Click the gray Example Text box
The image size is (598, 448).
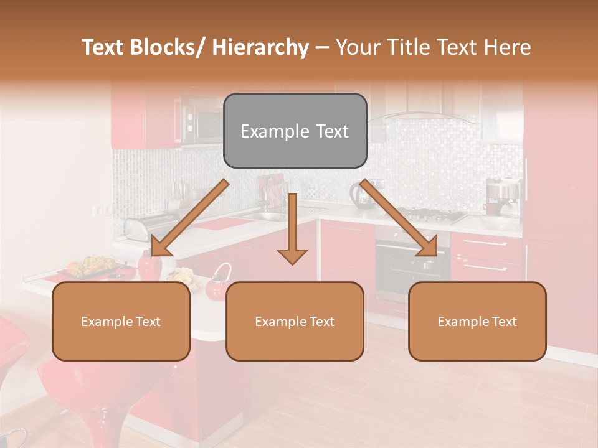295,131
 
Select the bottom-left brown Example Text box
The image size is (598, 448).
121,321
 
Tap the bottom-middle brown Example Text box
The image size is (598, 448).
295,321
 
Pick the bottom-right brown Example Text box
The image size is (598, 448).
477,321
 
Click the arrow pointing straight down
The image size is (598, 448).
292,230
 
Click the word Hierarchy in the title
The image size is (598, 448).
260,47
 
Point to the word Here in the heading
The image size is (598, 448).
507,47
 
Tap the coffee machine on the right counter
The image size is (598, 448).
502,196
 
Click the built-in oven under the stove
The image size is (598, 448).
411,264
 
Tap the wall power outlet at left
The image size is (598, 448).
98,211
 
